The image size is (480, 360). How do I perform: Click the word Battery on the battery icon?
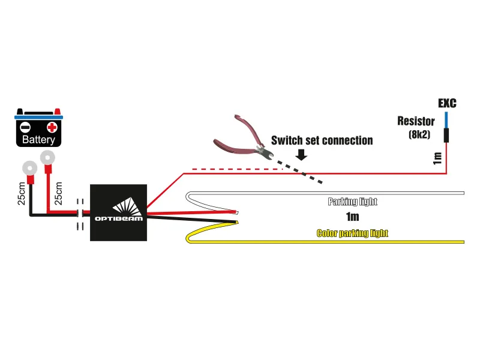[38, 140]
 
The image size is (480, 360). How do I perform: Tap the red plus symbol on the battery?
[52, 127]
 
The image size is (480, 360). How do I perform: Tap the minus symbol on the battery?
[25, 127]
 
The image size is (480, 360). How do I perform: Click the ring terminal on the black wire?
[29, 168]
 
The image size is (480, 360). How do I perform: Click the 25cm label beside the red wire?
[58, 193]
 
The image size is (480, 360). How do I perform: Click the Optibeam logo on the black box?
[118, 211]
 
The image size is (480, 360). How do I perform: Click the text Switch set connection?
[322, 140]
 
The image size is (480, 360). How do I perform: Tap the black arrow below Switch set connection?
[301, 154]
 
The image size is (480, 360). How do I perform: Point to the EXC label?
[446, 103]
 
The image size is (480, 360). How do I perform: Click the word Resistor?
[416, 121]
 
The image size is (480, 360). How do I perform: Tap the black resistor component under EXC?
[446, 134]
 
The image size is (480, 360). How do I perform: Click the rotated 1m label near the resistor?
[437, 158]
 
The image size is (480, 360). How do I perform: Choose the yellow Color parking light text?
[352, 233]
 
